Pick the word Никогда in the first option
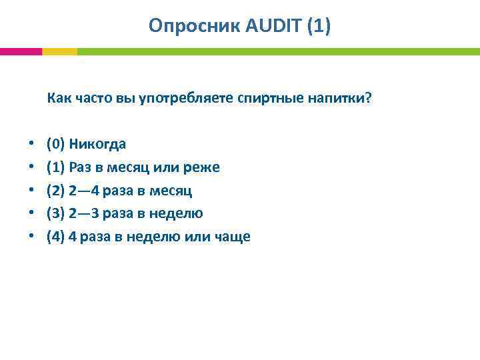click(x=97, y=144)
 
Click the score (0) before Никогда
click(x=56, y=144)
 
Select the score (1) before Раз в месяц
click(x=56, y=167)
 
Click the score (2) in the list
click(x=56, y=191)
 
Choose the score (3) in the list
click(x=56, y=213)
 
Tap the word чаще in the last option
click(x=233, y=237)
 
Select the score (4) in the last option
click(x=56, y=237)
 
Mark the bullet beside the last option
click(x=31, y=237)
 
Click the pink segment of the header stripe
click(x=21, y=51)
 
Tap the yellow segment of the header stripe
click(x=59, y=51)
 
